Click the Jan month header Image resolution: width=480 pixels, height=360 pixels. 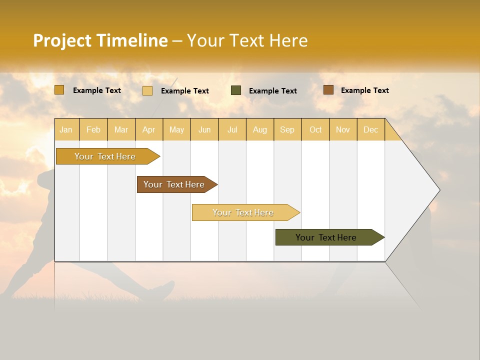pyautogui.click(x=66, y=129)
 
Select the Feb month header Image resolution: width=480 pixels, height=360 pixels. pyautogui.click(x=93, y=129)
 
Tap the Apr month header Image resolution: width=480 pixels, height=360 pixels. pyautogui.click(x=149, y=129)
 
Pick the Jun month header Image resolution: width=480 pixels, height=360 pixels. pyautogui.click(x=204, y=129)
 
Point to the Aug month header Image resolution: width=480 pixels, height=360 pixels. pyautogui.click(x=260, y=129)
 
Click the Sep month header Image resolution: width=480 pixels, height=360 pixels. pyautogui.click(x=287, y=129)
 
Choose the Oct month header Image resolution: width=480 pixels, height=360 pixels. pyautogui.click(x=315, y=129)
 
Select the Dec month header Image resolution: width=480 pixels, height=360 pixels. pyautogui.click(x=371, y=129)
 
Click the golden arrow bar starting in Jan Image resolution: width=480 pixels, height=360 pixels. pyautogui.click(x=105, y=156)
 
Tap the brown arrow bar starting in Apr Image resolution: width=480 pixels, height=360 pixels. pyautogui.click(x=174, y=184)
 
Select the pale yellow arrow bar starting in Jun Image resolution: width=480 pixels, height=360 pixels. pyautogui.click(x=243, y=212)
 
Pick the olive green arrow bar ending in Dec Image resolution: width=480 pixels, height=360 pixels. pyautogui.click(x=326, y=237)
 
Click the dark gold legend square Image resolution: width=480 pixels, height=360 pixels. pyautogui.click(x=59, y=90)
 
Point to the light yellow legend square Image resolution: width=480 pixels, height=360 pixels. pyautogui.click(x=147, y=90)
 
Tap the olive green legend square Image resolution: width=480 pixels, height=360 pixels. pyautogui.click(x=236, y=90)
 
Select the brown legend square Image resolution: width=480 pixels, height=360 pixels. pyautogui.click(x=328, y=90)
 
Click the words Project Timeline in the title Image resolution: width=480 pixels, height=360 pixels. pyautogui.click(x=100, y=40)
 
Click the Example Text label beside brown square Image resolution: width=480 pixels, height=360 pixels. pyautogui.click(x=364, y=90)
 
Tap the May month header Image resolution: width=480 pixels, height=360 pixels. pyautogui.click(x=176, y=129)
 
